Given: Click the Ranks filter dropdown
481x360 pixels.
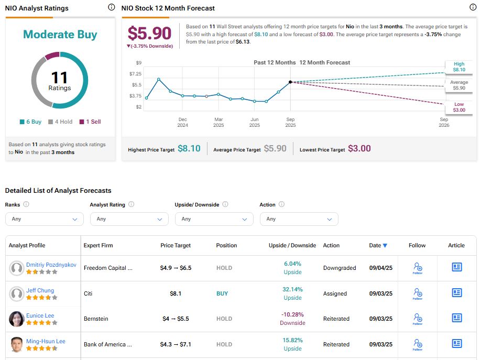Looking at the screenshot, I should coord(44,219).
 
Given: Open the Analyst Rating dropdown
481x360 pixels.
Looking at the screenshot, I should coord(129,219).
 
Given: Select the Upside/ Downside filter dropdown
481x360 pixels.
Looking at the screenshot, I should coord(214,219).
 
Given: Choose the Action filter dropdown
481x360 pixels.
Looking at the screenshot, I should coord(299,219).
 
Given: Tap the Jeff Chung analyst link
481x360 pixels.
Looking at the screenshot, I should coord(40,290).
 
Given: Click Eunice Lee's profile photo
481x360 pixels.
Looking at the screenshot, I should coord(17,319).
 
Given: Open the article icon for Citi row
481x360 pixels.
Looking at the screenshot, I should coord(456,293).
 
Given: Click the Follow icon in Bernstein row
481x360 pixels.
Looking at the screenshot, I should coord(417,319).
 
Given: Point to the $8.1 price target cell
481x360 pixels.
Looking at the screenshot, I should coord(176,293).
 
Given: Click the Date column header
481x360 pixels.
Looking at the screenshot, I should coord(378,245).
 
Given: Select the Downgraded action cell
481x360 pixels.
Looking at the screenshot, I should coord(339,268).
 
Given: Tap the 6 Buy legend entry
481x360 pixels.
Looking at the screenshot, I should coord(30,122).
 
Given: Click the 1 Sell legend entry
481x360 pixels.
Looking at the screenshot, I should coord(90,122).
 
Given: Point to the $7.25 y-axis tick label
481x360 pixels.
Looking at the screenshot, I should coord(135,74).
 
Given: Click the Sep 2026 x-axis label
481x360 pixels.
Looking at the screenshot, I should coord(443,122).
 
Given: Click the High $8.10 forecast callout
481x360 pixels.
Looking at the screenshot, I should coord(458,66).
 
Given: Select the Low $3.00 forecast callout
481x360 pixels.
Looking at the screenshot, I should coord(458,107).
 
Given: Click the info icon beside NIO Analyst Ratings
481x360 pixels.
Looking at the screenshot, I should coord(111,7).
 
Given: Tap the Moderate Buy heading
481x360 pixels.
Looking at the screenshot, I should coord(60,35).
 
